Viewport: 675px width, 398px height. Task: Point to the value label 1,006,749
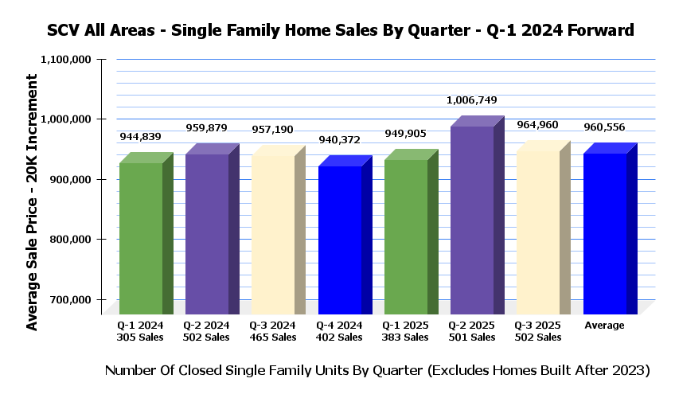pyautogui.click(x=473, y=100)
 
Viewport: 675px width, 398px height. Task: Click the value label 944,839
pyautogui.click(x=142, y=136)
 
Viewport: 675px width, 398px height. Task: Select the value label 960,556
pyautogui.click(x=605, y=127)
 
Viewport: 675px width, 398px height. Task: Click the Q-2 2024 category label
pyautogui.click(x=206, y=326)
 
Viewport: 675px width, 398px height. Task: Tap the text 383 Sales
pyautogui.click(x=405, y=338)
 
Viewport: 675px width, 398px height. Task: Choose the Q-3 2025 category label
pyautogui.click(x=538, y=326)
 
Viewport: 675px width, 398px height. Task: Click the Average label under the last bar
pyautogui.click(x=604, y=326)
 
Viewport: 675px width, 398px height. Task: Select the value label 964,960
pyautogui.click(x=539, y=124)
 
